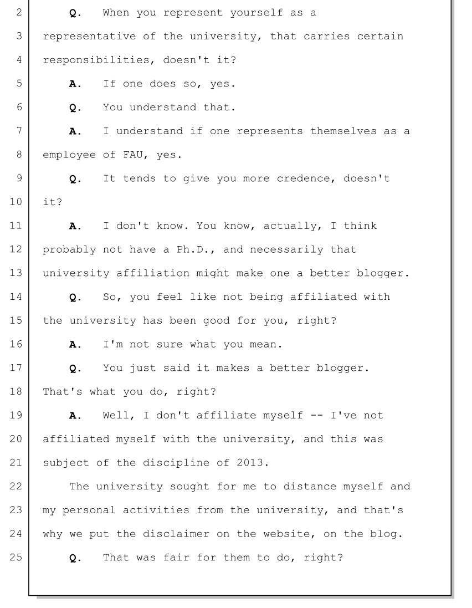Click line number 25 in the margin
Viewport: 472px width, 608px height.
click(16, 557)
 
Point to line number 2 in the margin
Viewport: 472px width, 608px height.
click(19, 12)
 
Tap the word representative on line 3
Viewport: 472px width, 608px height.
click(89, 37)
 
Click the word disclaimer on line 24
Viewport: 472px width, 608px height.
click(176, 534)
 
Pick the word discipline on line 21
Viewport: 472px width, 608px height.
click(176, 463)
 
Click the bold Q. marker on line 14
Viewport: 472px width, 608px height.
click(75, 298)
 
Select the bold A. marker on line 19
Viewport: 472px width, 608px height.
click(75, 416)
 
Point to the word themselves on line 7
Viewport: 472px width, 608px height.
click(343, 131)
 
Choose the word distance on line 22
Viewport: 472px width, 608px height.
click(310, 486)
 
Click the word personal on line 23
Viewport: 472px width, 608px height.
click(89, 510)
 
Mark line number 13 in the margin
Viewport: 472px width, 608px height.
click(16, 273)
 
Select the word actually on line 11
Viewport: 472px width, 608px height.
click(290, 226)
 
